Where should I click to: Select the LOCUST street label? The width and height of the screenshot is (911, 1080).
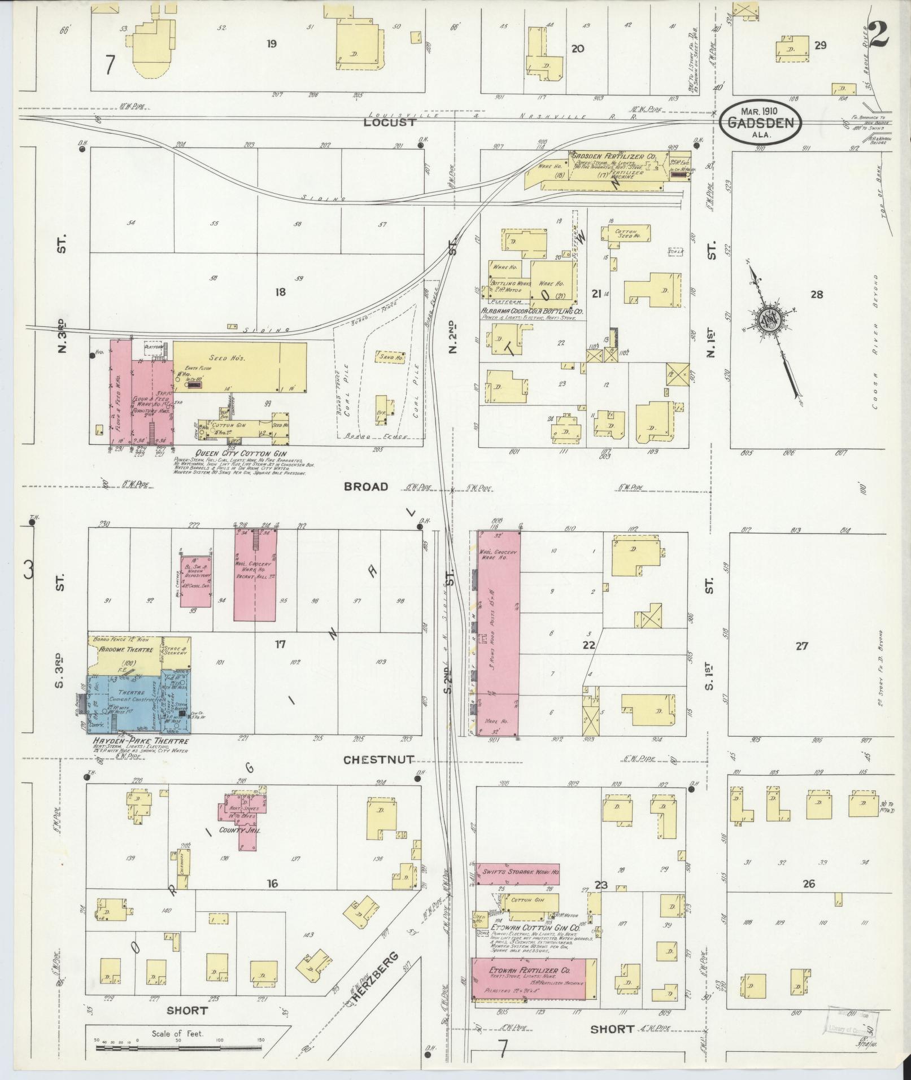[x=389, y=122]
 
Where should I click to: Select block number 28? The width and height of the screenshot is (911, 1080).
[x=816, y=294]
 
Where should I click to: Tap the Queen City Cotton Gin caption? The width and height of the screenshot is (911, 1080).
[x=241, y=453]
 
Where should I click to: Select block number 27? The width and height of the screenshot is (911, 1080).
[x=801, y=646]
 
